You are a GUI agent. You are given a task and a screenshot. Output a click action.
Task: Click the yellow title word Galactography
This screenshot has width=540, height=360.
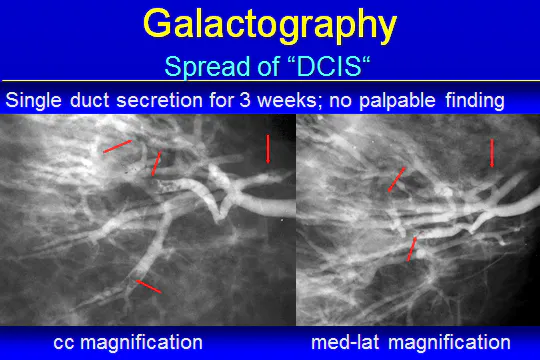(x=270, y=23)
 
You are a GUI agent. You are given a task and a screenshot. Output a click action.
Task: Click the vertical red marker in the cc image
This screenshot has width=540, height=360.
(x=268, y=148)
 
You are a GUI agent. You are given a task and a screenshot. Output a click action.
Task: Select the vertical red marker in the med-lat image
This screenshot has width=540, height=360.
(x=492, y=153)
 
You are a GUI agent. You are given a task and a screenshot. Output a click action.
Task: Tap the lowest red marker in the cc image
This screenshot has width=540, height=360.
(x=148, y=287)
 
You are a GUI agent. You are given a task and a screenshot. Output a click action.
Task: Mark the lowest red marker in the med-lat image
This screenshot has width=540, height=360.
(x=411, y=248)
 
